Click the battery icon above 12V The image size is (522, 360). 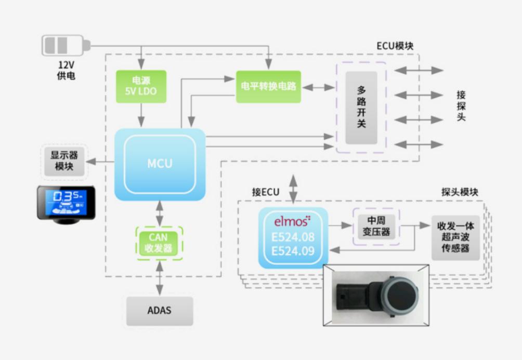65,45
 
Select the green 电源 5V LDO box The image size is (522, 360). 141,86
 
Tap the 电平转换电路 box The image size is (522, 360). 268,86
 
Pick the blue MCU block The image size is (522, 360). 160,164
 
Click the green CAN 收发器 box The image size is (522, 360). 159,243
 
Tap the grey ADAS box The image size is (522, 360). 159,311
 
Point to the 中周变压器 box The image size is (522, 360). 376,225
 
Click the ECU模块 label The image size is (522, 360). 395,46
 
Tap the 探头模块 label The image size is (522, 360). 459,192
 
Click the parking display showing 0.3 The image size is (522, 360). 66,205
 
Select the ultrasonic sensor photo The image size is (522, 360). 377,295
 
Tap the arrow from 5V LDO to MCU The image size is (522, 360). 141,115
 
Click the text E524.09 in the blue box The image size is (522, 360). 293,252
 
